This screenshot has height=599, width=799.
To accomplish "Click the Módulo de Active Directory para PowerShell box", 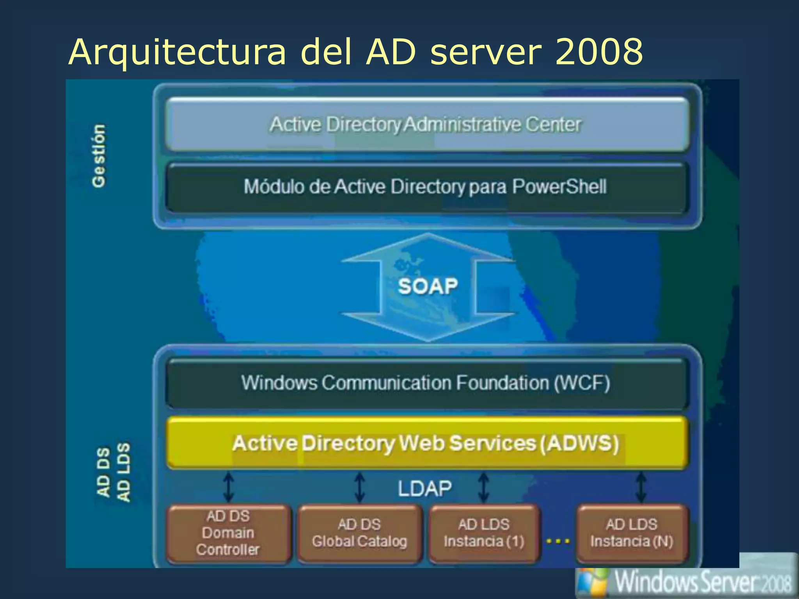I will coord(427,187).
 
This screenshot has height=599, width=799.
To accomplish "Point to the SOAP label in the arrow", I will coord(428,287).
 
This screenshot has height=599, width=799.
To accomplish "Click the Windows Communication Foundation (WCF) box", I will coord(427,383).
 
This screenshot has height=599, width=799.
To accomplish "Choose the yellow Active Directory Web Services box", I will coord(427,443).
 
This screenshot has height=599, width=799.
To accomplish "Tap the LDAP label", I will coord(424,488).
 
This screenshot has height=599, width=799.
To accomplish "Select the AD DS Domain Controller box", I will coord(229,533).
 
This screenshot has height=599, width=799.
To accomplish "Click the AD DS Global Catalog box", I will coord(359,533).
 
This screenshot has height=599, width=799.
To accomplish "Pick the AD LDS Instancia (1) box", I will coord(484,533).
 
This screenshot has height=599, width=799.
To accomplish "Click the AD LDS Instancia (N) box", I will coord(632,533).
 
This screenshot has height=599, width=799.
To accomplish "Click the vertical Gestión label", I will coord(99,156).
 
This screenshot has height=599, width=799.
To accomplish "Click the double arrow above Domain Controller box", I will coord(229,487).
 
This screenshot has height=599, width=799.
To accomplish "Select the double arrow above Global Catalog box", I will coord(360,487).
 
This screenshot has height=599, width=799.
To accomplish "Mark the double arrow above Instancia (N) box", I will coord(641,487).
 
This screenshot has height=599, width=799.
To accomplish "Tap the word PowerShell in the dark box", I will coord(559,186).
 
